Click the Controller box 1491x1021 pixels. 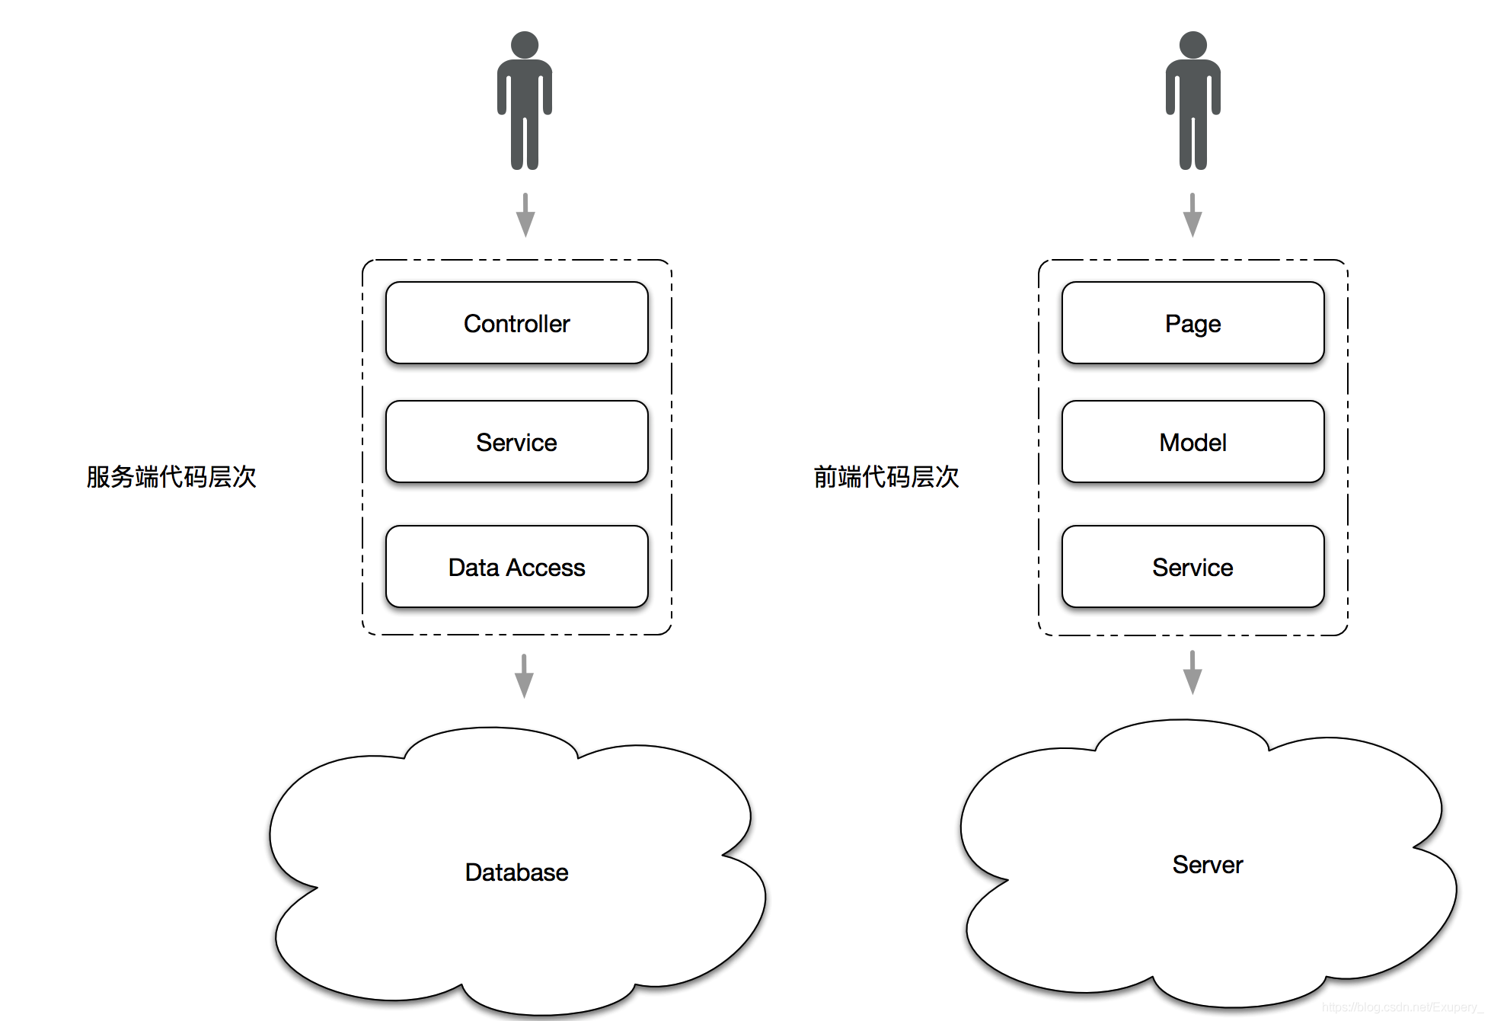tap(516, 323)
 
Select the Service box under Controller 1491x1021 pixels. tap(516, 442)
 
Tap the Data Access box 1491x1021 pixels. tap(516, 567)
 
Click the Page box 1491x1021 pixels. tap(1192, 323)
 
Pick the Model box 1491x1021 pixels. tap(1192, 442)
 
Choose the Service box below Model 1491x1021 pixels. tap(1192, 567)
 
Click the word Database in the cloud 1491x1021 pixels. tap(516, 872)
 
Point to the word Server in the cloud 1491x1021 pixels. tap(1207, 865)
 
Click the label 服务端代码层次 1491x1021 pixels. tap(171, 477)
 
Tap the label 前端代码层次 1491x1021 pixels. tap(886, 477)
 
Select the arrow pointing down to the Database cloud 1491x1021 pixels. tap(524, 676)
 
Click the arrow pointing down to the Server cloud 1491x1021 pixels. tap(1192, 672)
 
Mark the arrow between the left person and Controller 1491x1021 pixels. tap(525, 215)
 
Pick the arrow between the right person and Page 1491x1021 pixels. tap(1192, 215)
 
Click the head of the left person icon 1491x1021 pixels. tap(525, 44)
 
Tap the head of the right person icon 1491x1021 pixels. tap(1192, 44)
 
